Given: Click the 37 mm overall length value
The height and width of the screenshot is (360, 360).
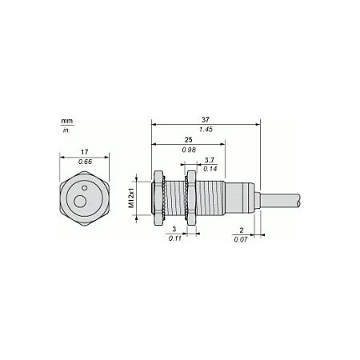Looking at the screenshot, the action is click(x=206, y=120).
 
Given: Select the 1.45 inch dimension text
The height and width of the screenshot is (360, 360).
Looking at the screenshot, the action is click(x=206, y=130).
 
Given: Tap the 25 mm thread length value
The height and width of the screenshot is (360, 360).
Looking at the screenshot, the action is click(x=189, y=140).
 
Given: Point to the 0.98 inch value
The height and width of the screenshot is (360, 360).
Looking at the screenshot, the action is click(x=189, y=150).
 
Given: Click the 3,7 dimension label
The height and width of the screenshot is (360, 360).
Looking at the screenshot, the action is click(x=210, y=160).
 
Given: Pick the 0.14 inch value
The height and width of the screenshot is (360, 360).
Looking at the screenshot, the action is click(x=210, y=169).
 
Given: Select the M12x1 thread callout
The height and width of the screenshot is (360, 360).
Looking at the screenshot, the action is click(x=131, y=198).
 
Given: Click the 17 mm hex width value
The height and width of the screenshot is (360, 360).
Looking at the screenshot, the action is click(x=85, y=152).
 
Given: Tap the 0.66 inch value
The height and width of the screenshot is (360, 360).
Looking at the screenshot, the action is click(x=85, y=162).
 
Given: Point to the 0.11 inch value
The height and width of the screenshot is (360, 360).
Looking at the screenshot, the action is click(x=175, y=238).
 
